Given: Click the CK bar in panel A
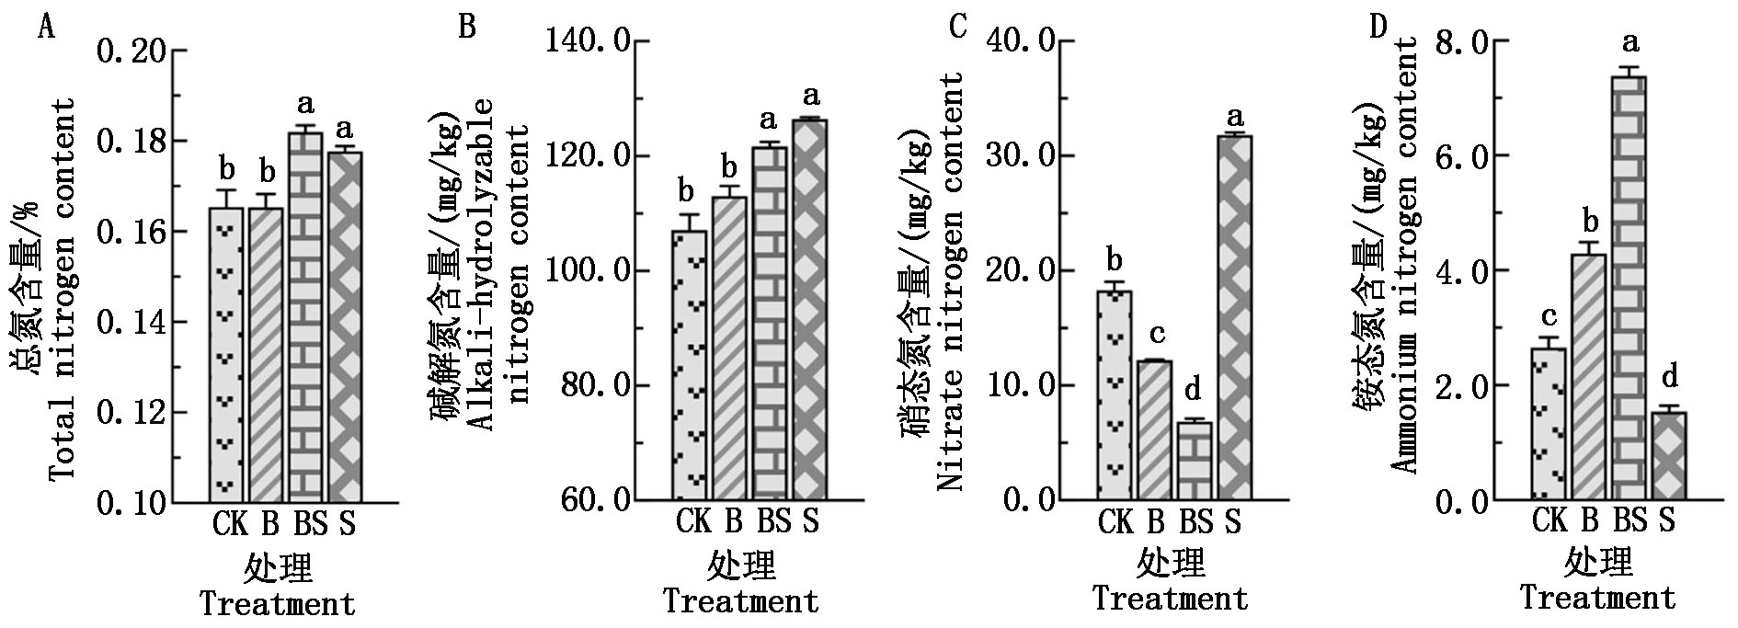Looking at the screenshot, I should tap(226, 354).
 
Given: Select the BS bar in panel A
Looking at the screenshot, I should tap(305, 317).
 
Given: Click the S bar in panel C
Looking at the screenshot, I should tap(1234, 317).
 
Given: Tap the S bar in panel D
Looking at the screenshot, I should tap(1670, 455).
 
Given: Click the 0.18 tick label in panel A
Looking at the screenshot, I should tap(136, 142).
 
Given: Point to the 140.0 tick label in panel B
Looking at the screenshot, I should tap(587, 41).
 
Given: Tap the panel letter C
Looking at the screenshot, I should tap(958, 28).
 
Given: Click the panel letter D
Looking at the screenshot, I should tap(1378, 28).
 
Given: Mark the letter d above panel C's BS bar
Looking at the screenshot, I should tap(1194, 390).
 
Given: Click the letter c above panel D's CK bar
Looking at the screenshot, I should tap(1549, 317).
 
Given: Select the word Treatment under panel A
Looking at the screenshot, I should tap(278, 604).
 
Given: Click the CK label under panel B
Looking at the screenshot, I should tap(693, 521).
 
